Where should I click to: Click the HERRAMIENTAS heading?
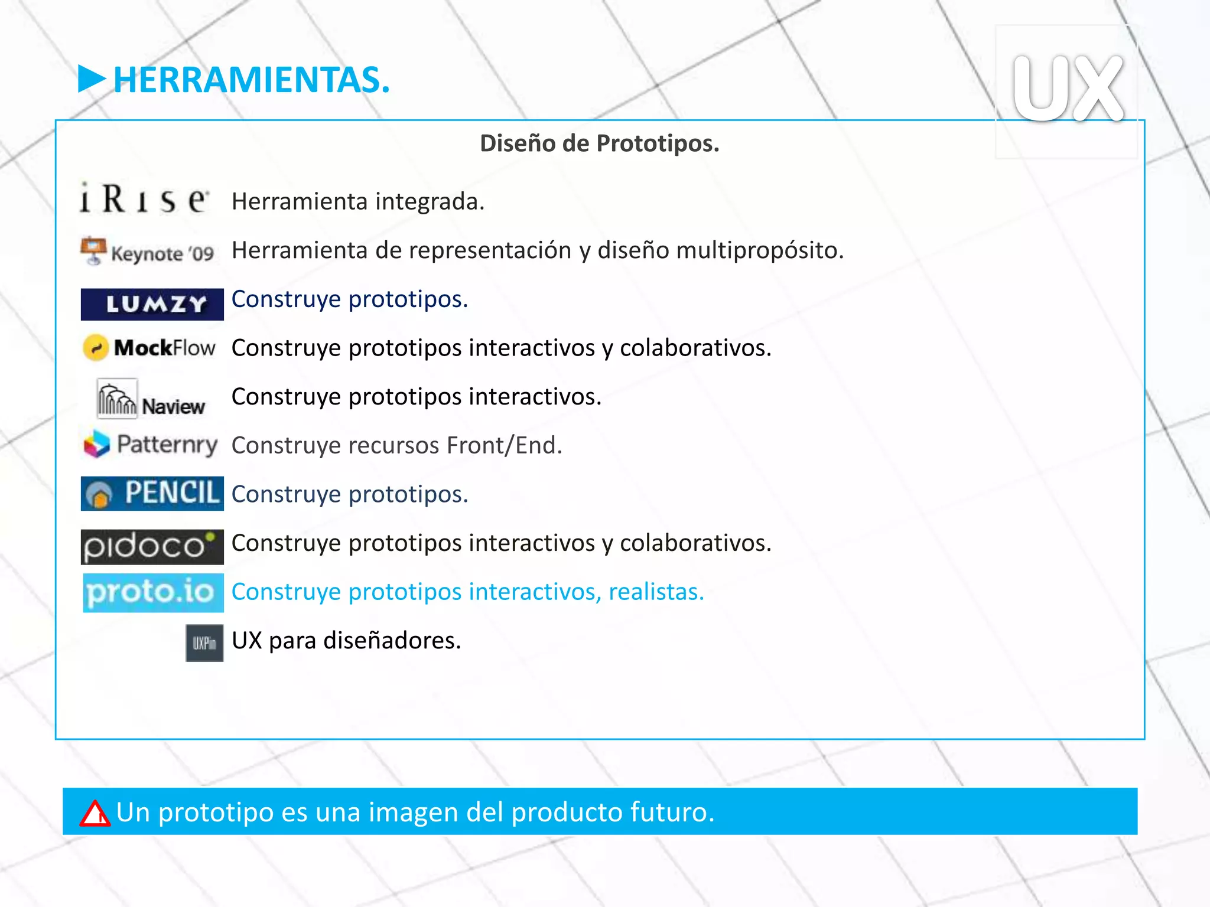coord(251,80)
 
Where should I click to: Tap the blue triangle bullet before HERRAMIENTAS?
coord(91,79)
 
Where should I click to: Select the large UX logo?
coord(1068,89)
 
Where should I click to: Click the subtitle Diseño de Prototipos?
coord(599,143)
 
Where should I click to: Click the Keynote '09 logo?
coord(148,252)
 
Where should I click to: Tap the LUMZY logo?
coord(152,304)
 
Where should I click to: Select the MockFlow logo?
coord(149,348)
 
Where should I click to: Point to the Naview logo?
coord(151,399)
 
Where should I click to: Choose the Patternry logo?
coord(151,445)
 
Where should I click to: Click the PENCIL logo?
coord(152,493)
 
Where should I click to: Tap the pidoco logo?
coord(152,546)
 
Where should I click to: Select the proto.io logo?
coord(153,592)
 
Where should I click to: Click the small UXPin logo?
coord(204,642)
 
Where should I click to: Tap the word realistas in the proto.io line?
coord(656,592)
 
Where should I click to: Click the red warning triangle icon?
coord(95,813)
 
